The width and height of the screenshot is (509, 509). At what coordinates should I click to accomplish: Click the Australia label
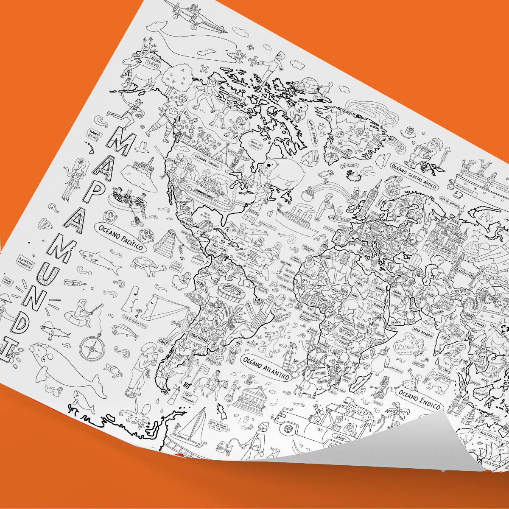(x=489, y=433)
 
